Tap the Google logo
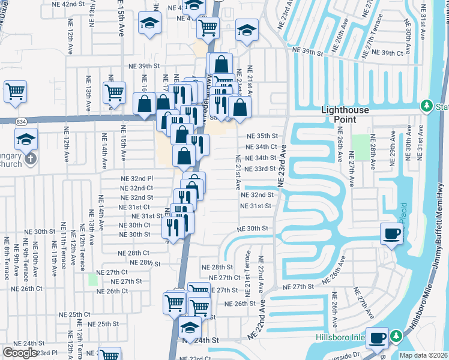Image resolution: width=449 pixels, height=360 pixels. [x=20, y=353]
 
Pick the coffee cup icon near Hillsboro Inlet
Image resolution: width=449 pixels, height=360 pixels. [x=378, y=337]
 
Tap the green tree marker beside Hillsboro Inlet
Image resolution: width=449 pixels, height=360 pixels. [x=396, y=336]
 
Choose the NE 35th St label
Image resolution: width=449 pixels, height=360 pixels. [x=262, y=136]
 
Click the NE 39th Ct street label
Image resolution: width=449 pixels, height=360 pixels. [x=387, y=53]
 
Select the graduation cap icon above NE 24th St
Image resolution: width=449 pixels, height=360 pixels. [x=189, y=328]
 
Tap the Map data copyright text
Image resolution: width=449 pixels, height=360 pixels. [x=423, y=355]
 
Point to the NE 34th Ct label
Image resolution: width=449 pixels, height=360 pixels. [x=261, y=146]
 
